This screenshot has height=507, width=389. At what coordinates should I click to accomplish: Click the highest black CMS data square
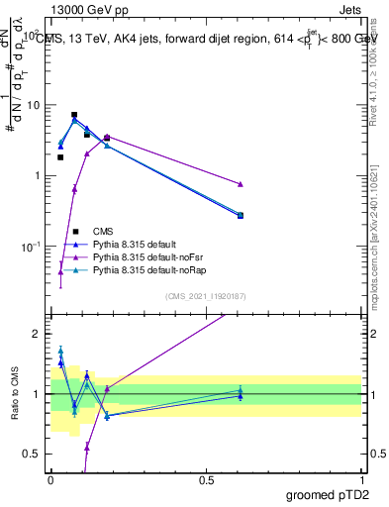point(74,115)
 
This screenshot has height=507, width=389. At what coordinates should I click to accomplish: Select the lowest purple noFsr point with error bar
point(60,271)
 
